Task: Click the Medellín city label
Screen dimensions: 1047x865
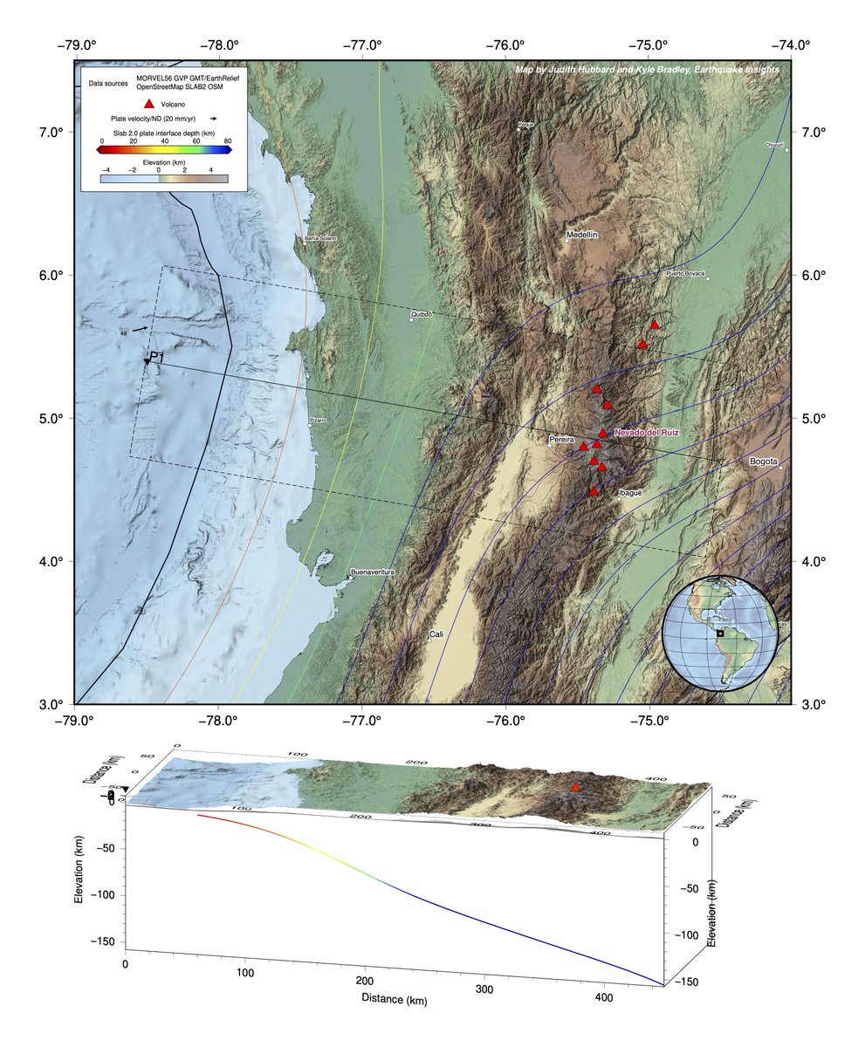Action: (582, 235)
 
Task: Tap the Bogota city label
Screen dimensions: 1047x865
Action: (763, 462)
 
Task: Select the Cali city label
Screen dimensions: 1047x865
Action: (436, 634)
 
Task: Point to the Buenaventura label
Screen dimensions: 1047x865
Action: (373, 571)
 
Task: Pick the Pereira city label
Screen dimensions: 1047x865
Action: (560, 439)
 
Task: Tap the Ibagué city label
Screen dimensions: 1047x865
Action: (630, 493)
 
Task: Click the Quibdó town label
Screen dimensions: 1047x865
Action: (422, 313)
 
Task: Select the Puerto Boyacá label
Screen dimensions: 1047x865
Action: (685, 273)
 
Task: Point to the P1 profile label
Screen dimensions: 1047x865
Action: (157, 357)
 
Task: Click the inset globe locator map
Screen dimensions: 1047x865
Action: (719, 633)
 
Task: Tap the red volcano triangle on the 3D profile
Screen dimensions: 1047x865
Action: (575, 787)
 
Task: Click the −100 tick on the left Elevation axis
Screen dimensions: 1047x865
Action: (108, 895)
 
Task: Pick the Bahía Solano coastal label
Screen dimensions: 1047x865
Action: (319, 238)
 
